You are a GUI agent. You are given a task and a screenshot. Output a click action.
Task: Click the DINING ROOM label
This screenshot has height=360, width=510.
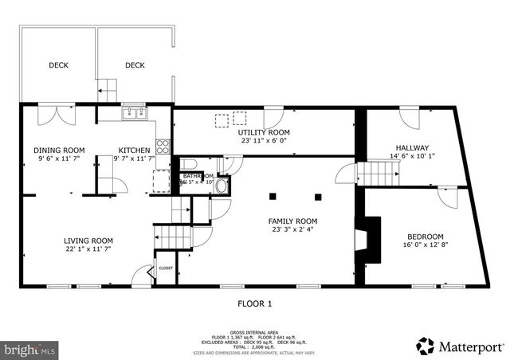[59, 150]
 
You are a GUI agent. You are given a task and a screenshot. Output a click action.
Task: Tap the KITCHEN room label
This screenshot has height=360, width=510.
[134, 150]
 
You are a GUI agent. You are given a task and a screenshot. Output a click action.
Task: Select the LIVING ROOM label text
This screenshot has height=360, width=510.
[88, 240]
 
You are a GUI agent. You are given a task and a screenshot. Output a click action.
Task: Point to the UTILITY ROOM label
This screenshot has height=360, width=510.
[264, 132]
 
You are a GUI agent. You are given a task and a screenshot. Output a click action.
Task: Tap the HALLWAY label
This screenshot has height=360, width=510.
[412, 147]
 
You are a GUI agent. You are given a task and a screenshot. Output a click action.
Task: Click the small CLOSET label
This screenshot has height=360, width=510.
[166, 268]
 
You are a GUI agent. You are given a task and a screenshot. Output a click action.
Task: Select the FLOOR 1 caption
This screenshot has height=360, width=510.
[255, 303]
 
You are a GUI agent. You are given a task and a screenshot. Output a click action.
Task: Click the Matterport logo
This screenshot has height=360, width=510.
[460, 346]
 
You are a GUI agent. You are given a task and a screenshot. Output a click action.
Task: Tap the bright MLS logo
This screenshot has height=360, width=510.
[31, 349]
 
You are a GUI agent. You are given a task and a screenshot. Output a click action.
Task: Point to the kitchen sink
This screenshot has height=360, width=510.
[134, 113]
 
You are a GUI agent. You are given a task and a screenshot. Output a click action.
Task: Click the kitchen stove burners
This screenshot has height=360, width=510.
[163, 146]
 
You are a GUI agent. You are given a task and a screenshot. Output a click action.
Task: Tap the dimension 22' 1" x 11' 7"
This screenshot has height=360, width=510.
[88, 249]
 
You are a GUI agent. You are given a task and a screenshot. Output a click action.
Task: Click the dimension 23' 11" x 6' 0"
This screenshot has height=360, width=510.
[264, 141]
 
